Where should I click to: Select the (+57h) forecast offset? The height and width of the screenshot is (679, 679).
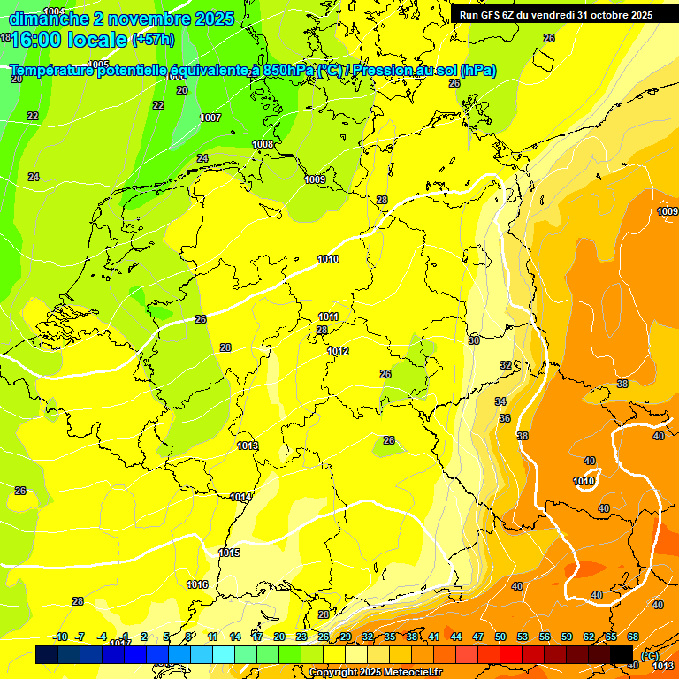pyautogui.click(x=153, y=39)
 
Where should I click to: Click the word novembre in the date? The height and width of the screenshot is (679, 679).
pyautogui.click(x=142, y=18)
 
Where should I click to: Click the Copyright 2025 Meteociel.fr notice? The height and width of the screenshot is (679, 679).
pyautogui.click(x=375, y=672)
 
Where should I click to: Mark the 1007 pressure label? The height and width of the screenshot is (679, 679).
pyautogui.click(x=210, y=118)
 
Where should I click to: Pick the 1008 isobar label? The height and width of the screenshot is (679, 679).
pyautogui.click(x=263, y=144)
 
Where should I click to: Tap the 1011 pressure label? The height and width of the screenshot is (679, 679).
pyautogui.click(x=329, y=317)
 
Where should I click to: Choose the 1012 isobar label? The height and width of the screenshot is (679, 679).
pyautogui.click(x=338, y=351)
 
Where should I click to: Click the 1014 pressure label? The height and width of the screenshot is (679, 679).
pyautogui.click(x=240, y=497)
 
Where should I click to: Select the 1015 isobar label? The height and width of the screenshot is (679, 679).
pyautogui.click(x=228, y=553)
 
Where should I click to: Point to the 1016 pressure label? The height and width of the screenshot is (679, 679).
pyautogui.click(x=197, y=584)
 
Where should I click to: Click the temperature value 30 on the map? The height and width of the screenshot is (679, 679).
pyautogui.click(x=474, y=340)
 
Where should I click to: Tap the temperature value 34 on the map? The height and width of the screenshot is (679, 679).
pyautogui.click(x=500, y=401)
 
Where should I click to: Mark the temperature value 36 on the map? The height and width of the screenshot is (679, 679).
pyautogui.click(x=504, y=418)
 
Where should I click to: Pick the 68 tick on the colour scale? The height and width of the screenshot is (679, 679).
pyautogui.click(x=633, y=637)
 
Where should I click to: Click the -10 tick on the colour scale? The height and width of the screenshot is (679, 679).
pyautogui.click(x=61, y=637)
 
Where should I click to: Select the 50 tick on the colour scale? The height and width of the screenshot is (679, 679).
pyautogui.click(x=500, y=637)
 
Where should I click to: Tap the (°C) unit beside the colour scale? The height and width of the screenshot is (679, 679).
pyautogui.click(x=649, y=655)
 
